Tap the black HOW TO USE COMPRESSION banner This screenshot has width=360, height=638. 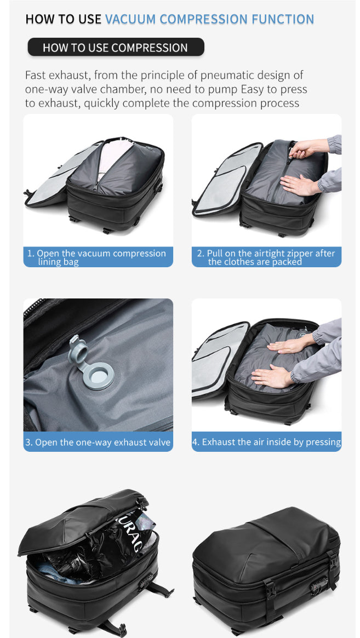tap(115, 47)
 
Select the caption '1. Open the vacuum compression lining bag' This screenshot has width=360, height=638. tap(98, 257)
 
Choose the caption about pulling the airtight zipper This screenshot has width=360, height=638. tap(266, 257)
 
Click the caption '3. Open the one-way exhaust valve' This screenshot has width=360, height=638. tap(98, 442)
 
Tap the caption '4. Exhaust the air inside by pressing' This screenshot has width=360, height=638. tap(266, 442)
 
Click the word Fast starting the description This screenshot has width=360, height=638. tap(35, 75)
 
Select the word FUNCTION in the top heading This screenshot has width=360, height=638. tap(283, 19)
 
